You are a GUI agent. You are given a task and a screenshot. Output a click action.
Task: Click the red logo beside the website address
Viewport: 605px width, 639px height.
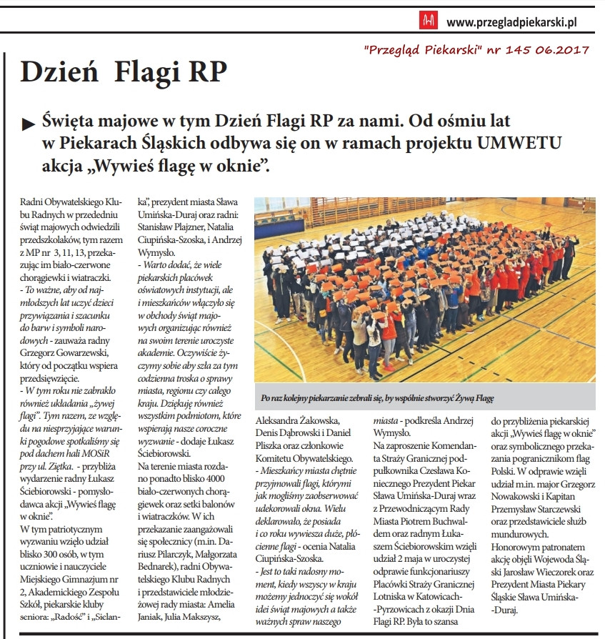point(429,21)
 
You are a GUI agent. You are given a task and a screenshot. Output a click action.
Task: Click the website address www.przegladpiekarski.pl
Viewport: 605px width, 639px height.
point(511,22)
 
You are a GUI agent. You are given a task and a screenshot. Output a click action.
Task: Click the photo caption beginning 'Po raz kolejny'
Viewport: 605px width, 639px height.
point(377,396)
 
